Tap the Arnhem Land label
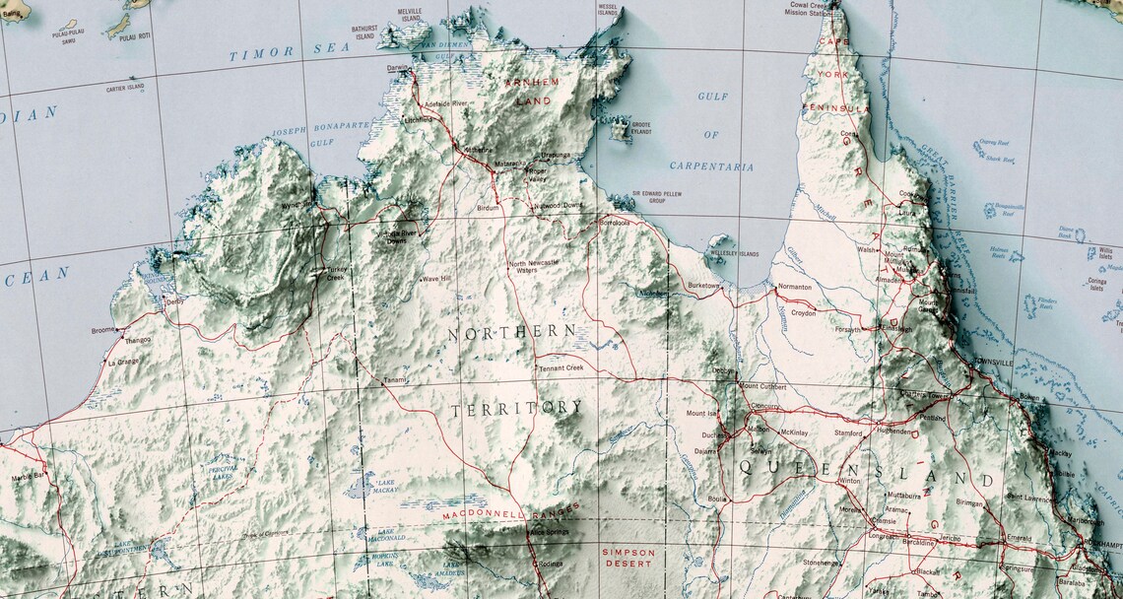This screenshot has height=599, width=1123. (531, 91)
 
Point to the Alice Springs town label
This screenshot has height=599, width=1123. (550, 533)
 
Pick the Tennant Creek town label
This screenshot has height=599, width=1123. (561, 367)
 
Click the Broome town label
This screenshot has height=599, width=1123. (102, 330)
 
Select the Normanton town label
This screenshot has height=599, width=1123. (794, 287)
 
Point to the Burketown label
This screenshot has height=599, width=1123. (704, 286)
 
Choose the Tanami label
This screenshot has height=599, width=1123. (394, 379)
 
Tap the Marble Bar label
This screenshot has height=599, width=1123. (27, 476)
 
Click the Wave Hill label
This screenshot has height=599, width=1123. (436, 279)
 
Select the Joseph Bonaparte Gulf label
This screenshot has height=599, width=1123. (320, 135)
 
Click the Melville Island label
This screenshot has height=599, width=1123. (410, 14)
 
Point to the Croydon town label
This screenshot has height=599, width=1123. (802, 312)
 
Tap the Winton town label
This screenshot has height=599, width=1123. (848, 481)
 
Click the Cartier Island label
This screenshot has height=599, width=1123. (125, 87)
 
